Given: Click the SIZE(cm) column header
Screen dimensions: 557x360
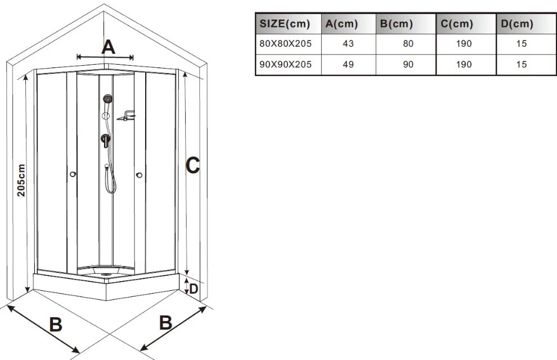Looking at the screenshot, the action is [x=285, y=24].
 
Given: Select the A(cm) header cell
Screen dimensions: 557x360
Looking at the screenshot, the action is [x=342, y=24].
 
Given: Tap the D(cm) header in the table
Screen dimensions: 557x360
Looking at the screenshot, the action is [x=517, y=24].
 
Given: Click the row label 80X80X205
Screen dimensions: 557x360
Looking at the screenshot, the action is [x=285, y=44].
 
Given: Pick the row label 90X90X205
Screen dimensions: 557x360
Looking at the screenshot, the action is [x=285, y=65].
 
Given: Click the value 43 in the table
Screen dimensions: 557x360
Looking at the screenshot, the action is [x=348, y=44].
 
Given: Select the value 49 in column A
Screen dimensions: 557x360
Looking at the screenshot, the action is [x=348, y=65].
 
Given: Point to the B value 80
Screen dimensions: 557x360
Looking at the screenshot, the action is [x=408, y=44].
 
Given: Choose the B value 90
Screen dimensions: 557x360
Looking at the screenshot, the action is [x=408, y=65].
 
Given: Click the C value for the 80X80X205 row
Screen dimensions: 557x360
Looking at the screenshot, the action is [x=464, y=44].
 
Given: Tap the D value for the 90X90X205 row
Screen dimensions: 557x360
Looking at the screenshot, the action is [x=522, y=65].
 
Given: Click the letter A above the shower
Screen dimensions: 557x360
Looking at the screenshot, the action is [x=109, y=47].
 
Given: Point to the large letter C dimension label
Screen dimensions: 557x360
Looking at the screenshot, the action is [x=193, y=165].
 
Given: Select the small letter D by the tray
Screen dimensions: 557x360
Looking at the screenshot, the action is [x=194, y=289].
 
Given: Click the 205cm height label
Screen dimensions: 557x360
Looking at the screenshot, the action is [x=21, y=180].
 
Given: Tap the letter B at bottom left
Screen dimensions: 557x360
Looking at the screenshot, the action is [x=56, y=324].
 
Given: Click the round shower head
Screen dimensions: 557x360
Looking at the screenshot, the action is [x=107, y=98].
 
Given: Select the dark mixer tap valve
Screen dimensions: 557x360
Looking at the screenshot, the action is [x=105, y=140].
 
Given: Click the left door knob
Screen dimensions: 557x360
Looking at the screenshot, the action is [x=73, y=174].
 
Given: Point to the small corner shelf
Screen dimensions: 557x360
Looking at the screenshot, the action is [x=127, y=116].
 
